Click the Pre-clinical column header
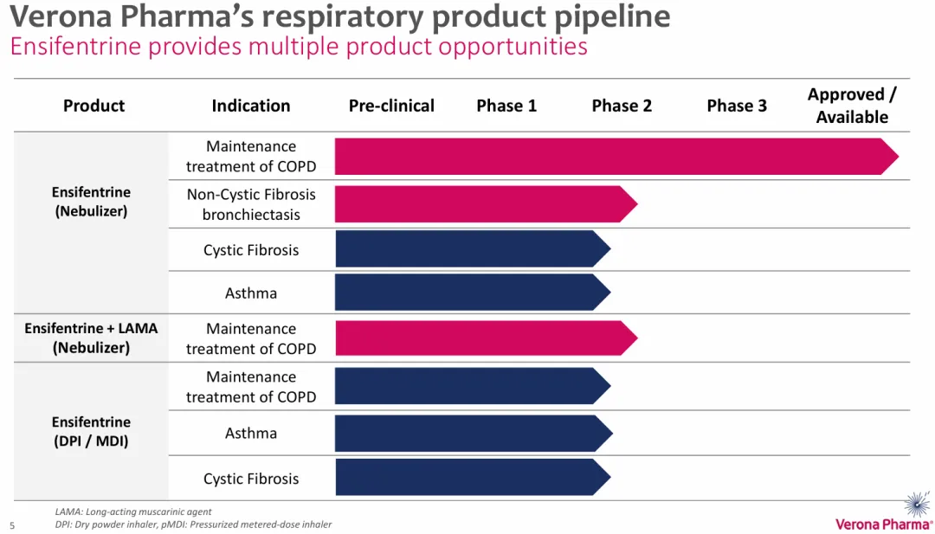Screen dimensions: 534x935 coord(391,106)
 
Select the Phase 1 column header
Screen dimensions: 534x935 coord(506,106)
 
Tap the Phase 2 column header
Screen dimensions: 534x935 coord(622,106)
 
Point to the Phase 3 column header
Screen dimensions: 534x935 coord(737,106)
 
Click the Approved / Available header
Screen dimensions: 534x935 coord(852,106)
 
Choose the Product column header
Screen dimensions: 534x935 coord(93,106)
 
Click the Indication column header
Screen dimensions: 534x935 coord(251,106)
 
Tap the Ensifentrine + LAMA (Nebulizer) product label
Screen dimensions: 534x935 coord(91,338)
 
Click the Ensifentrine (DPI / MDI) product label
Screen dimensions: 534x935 coord(91,431)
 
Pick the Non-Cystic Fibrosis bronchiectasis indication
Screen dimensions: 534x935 coord(251,204)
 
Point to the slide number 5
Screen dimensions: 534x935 coord(12,524)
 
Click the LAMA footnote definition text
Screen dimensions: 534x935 coord(133,511)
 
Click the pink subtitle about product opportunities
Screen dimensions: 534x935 coord(299,46)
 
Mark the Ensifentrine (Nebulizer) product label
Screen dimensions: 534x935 coord(91,201)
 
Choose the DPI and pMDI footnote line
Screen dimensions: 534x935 coord(193,524)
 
